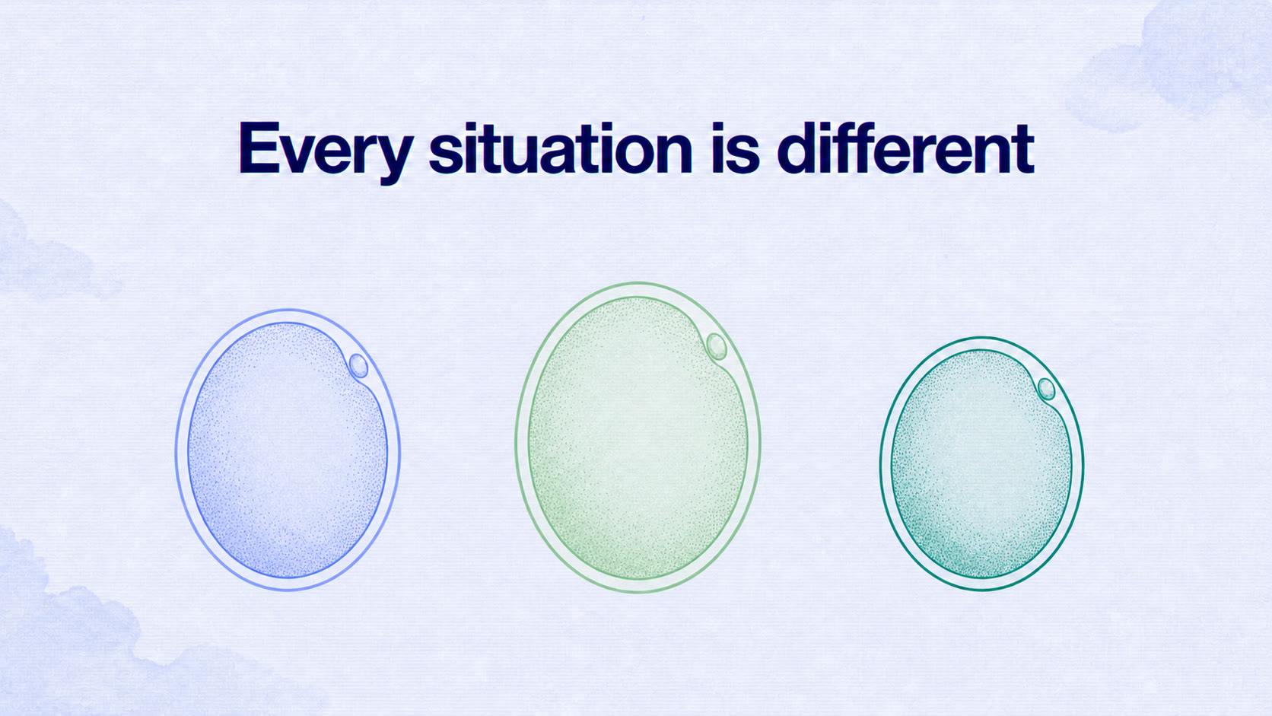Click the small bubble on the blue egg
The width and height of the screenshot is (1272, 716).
tap(358, 366)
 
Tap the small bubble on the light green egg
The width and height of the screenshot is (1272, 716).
tap(716, 346)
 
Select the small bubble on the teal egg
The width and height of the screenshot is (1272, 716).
tap(1046, 389)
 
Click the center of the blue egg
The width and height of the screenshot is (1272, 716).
tap(288, 450)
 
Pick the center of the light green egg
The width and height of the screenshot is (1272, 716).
tap(638, 438)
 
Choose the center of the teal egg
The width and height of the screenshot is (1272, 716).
tap(982, 463)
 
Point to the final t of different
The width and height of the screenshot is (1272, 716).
tap(1022, 150)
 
